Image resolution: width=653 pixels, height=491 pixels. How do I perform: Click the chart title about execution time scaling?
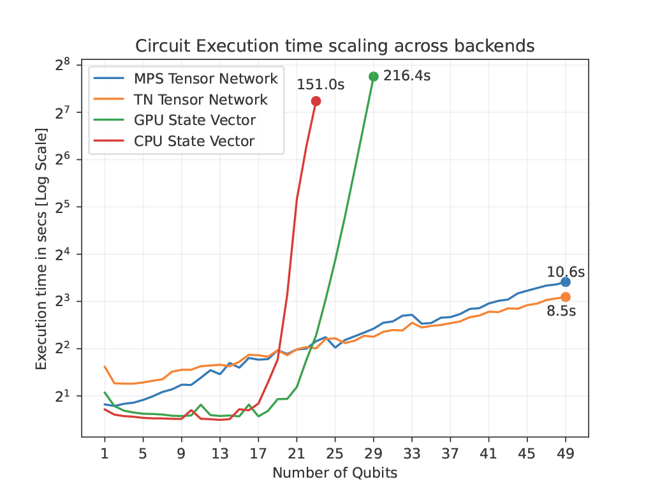335,46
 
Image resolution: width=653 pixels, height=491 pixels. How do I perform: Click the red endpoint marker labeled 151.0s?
316,101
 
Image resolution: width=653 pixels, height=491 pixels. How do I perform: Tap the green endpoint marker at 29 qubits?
374,77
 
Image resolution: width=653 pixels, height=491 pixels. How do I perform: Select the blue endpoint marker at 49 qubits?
566,282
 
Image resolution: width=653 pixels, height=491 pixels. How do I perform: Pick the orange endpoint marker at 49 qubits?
566,297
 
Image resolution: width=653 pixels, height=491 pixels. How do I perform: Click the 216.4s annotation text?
407,76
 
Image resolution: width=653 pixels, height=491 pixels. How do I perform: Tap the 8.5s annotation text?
561,312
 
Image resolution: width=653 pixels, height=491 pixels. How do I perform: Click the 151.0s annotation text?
320,85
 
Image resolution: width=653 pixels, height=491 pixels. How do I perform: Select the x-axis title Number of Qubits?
335,473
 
